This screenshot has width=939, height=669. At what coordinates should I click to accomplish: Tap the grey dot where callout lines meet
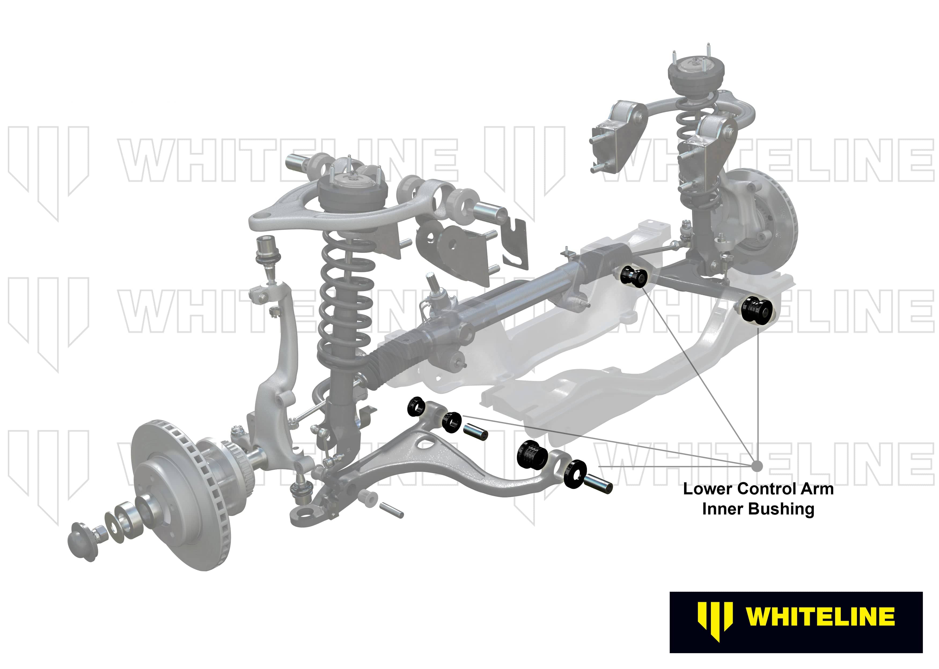pyautogui.click(x=757, y=466)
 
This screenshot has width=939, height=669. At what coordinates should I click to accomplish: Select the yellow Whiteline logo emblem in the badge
pyautogui.click(x=715, y=622)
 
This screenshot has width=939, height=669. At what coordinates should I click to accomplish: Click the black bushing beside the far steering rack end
pyautogui.click(x=634, y=277)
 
